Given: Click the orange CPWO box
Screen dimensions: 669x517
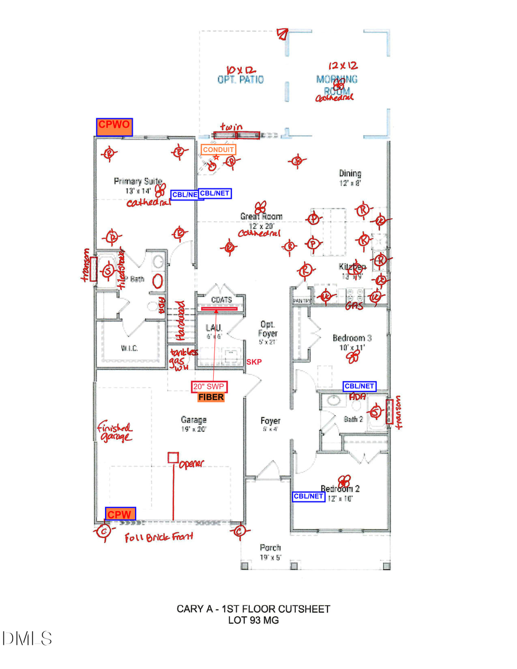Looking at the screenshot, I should pyautogui.click(x=114, y=127).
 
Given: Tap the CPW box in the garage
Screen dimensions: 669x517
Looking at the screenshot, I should pyautogui.click(x=120, y=514).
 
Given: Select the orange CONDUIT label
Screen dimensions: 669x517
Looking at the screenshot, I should pyautogui.click(x=218, y=150).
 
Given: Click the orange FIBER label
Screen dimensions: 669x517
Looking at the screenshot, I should pyautogui.click(x=210, y=397).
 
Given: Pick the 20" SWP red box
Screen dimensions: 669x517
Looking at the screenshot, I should pyautogui.click(x=206, y=386).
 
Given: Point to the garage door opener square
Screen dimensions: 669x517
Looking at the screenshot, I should pyautogui.click(x=172, y=458).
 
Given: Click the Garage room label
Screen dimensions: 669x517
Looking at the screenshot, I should pyautogui.click(x=194, y=420).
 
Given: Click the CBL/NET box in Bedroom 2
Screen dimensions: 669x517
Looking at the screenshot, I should pyautogui.click(x=309, y=496).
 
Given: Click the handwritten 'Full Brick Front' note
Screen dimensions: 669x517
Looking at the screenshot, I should pyautogui.click(x=159, y=537).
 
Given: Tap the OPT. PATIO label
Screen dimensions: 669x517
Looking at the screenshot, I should pyautogui.click(x=241, y=79).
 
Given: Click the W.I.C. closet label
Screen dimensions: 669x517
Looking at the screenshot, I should pyautogui.click(x=129, y=349).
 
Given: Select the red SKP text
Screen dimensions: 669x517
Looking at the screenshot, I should pyautogui.click(x=253, y=362).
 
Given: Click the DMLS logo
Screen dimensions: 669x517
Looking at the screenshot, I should pyautogui.click(x=27, y=638).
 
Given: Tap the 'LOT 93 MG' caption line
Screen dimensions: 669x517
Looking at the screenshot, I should pyautogui.click(x=253, y=620).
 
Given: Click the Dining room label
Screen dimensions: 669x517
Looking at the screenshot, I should pyautogui.click(x=350, y=173).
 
